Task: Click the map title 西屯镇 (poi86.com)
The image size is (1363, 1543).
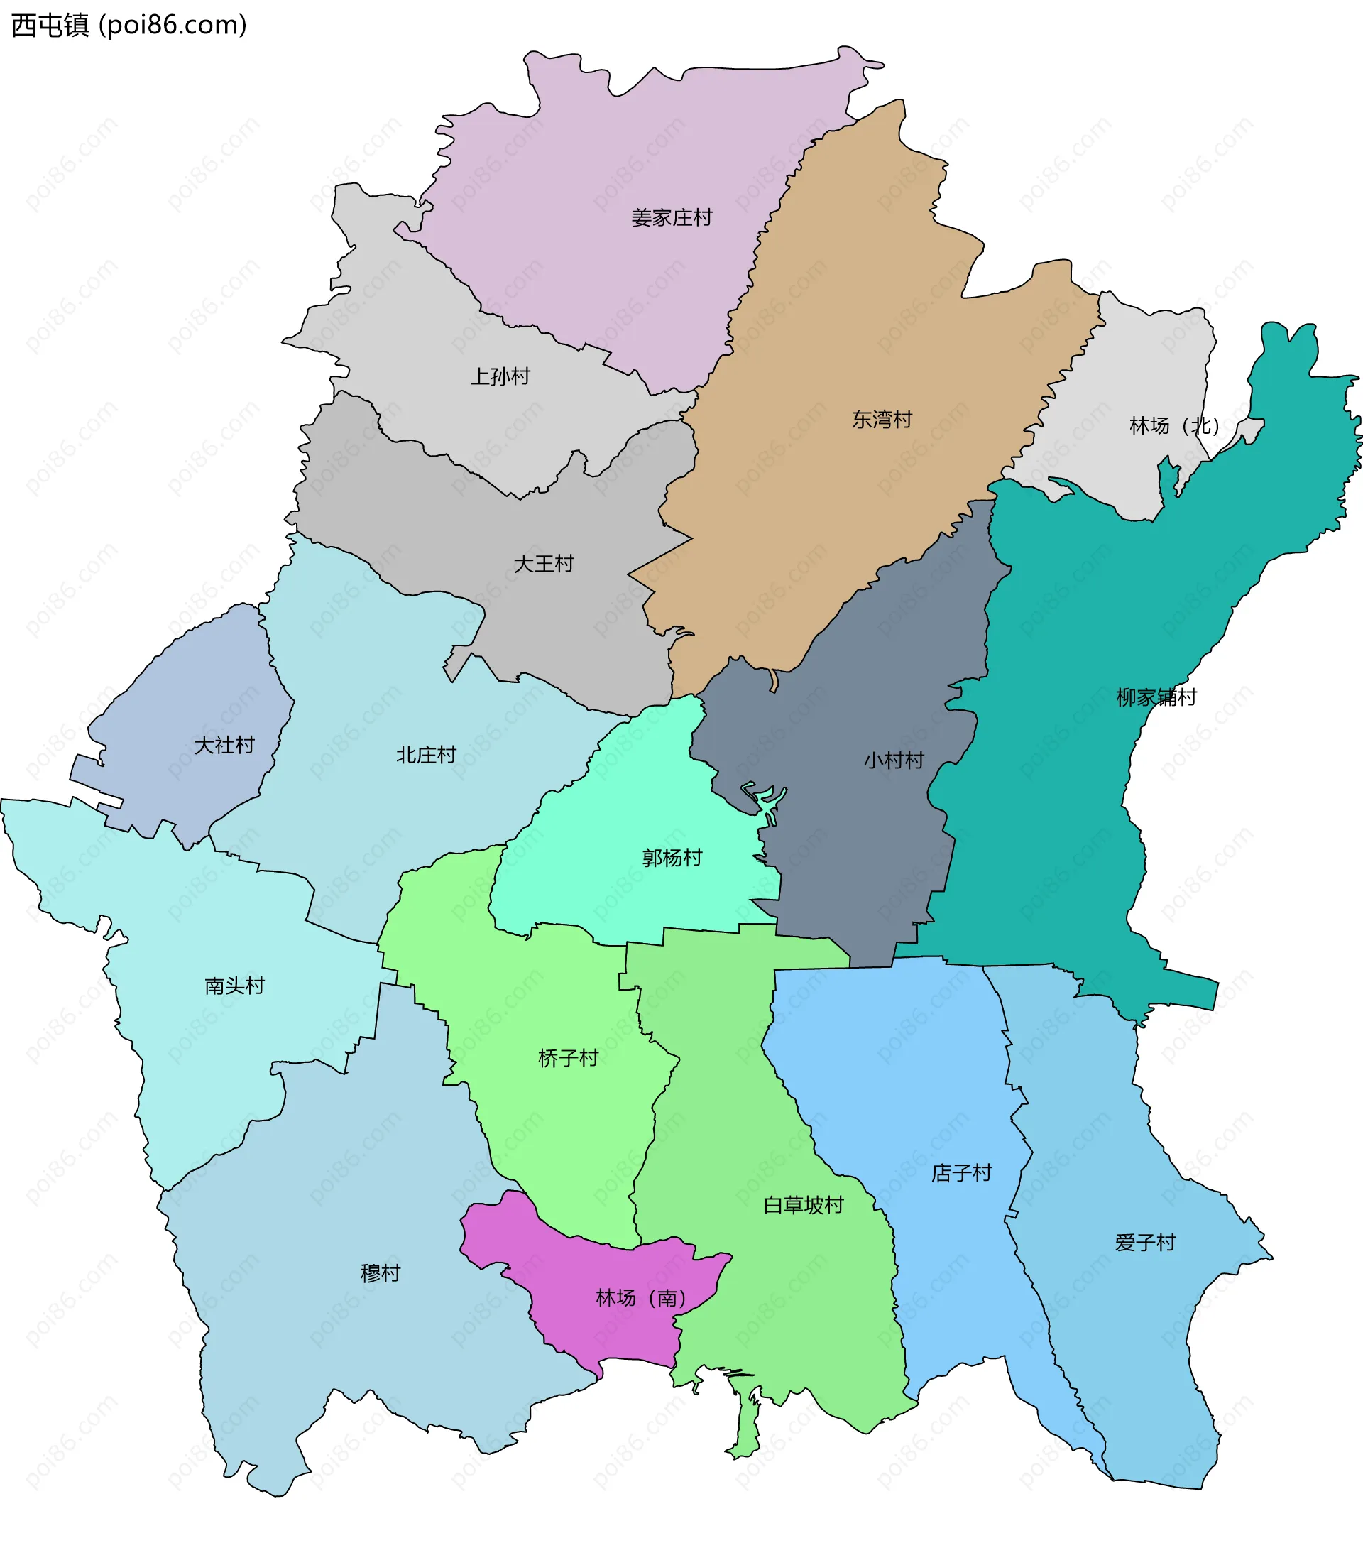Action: click(x=129, y=25)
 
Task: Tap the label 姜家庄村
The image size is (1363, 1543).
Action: click(x=671, y=218)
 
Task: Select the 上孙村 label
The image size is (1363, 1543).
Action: click(x=500, y=376)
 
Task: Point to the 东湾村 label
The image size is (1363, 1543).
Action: click(x=882, y=419)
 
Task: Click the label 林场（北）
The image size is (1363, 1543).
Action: click(x=1173, y=426)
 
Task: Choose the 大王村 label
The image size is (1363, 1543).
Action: click(x=543, y=563)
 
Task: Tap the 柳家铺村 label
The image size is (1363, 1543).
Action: click(x=1156, y=697)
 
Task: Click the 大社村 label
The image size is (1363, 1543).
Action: click(x=224, y=745)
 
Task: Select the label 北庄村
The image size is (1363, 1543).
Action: click(x=427, y=754)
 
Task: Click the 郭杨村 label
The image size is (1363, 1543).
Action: click(x=672, y=858)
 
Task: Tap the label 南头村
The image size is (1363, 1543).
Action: click(x=235, y=985)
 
